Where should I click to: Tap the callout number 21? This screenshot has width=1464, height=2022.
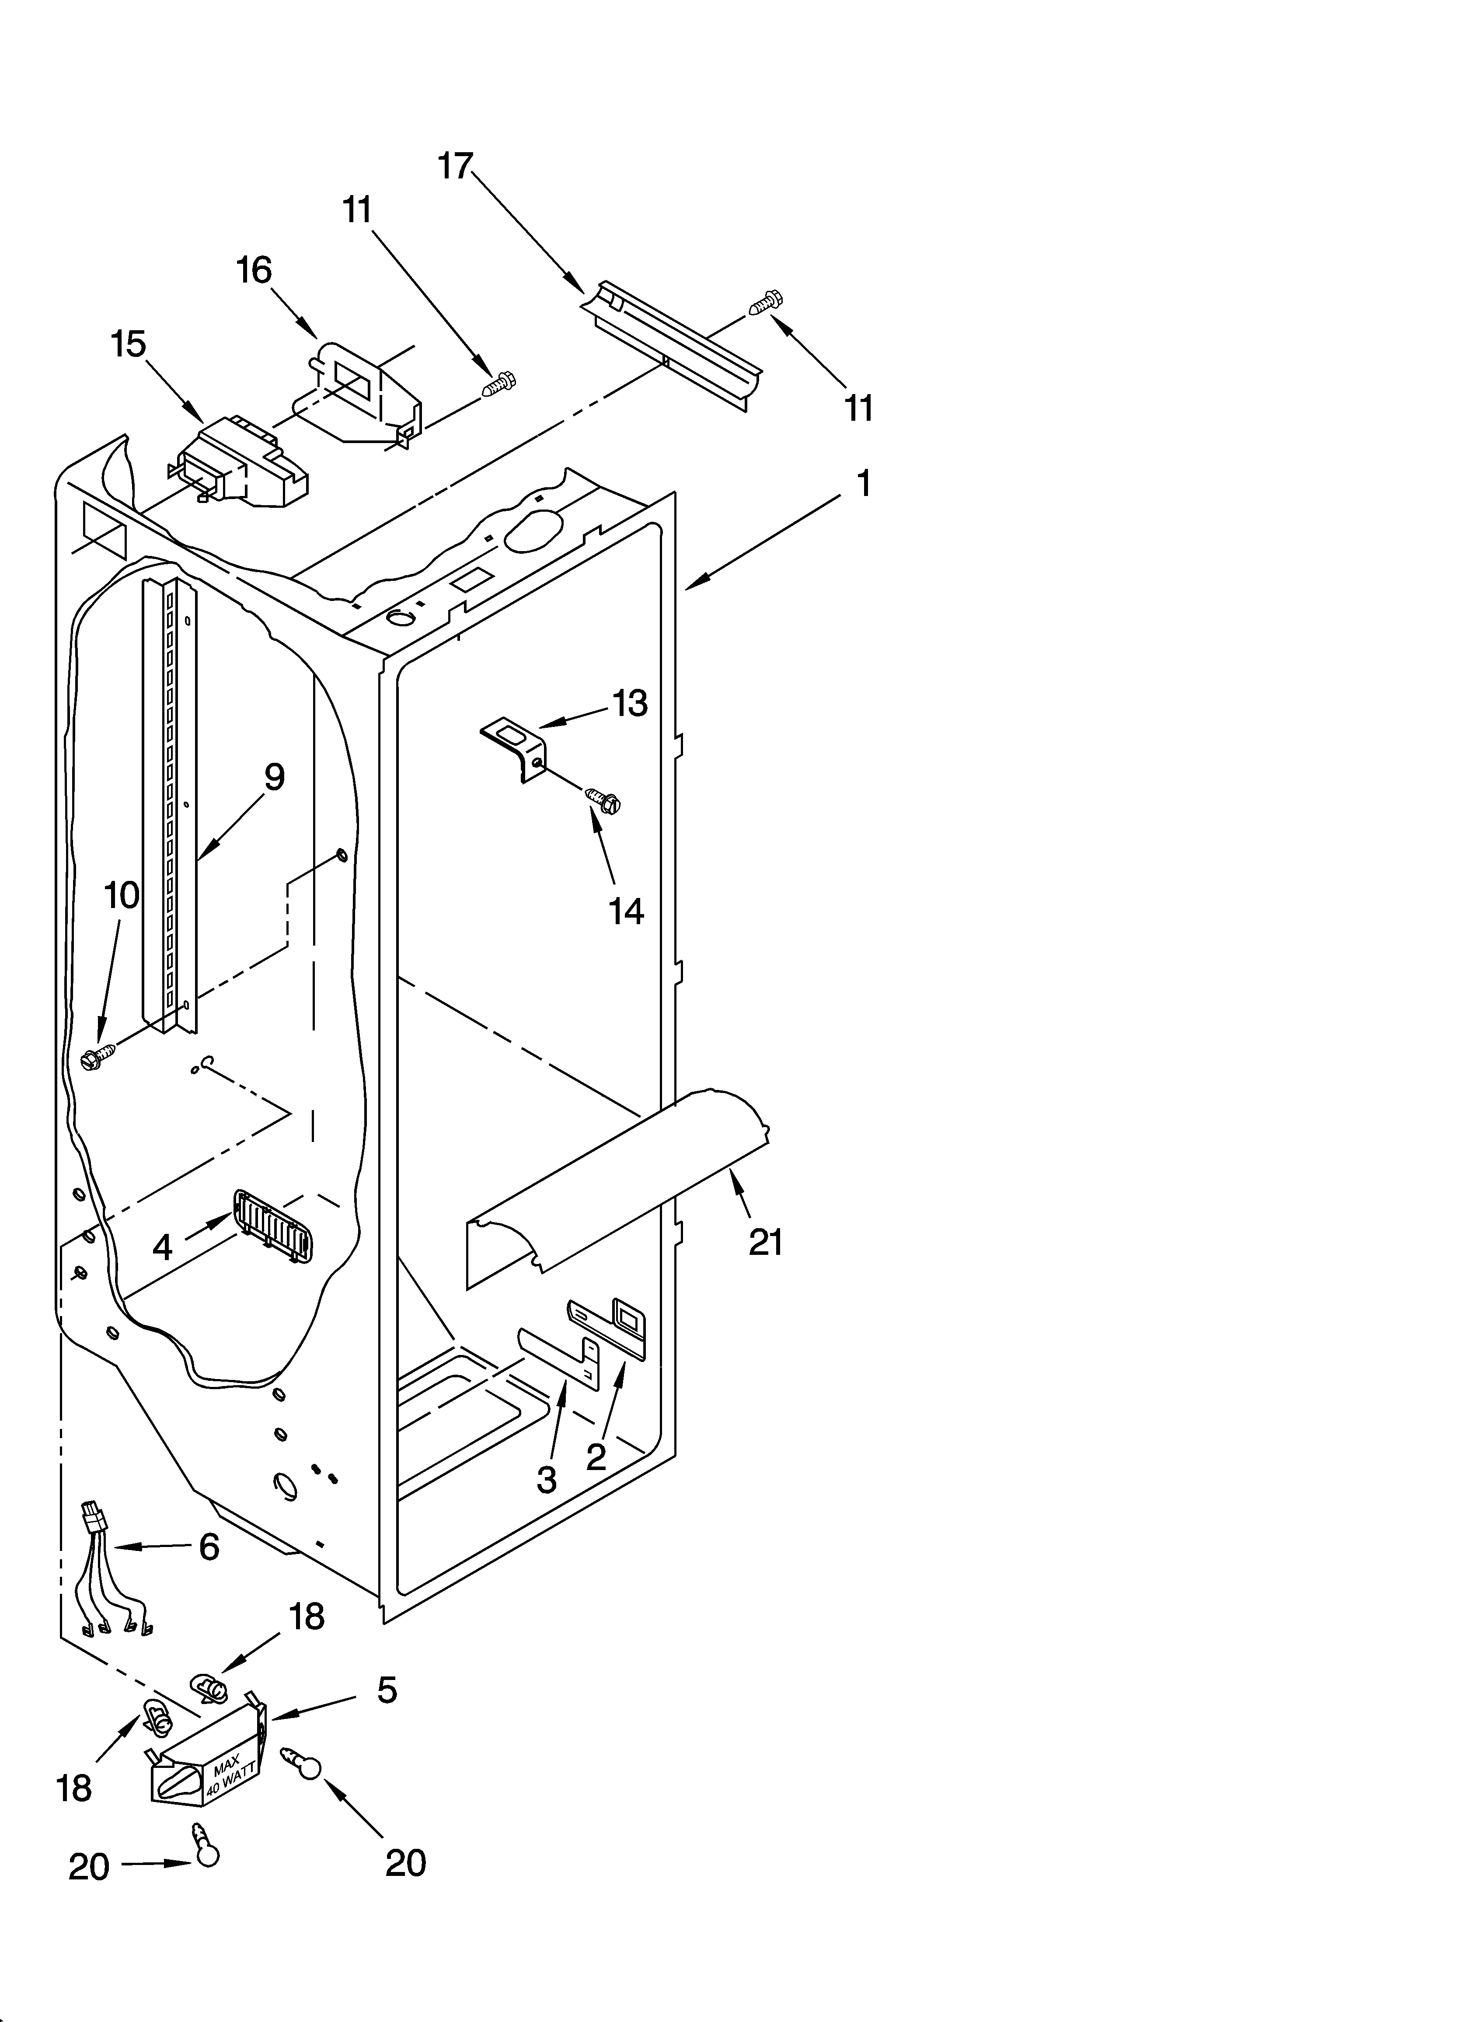(765, 1241)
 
